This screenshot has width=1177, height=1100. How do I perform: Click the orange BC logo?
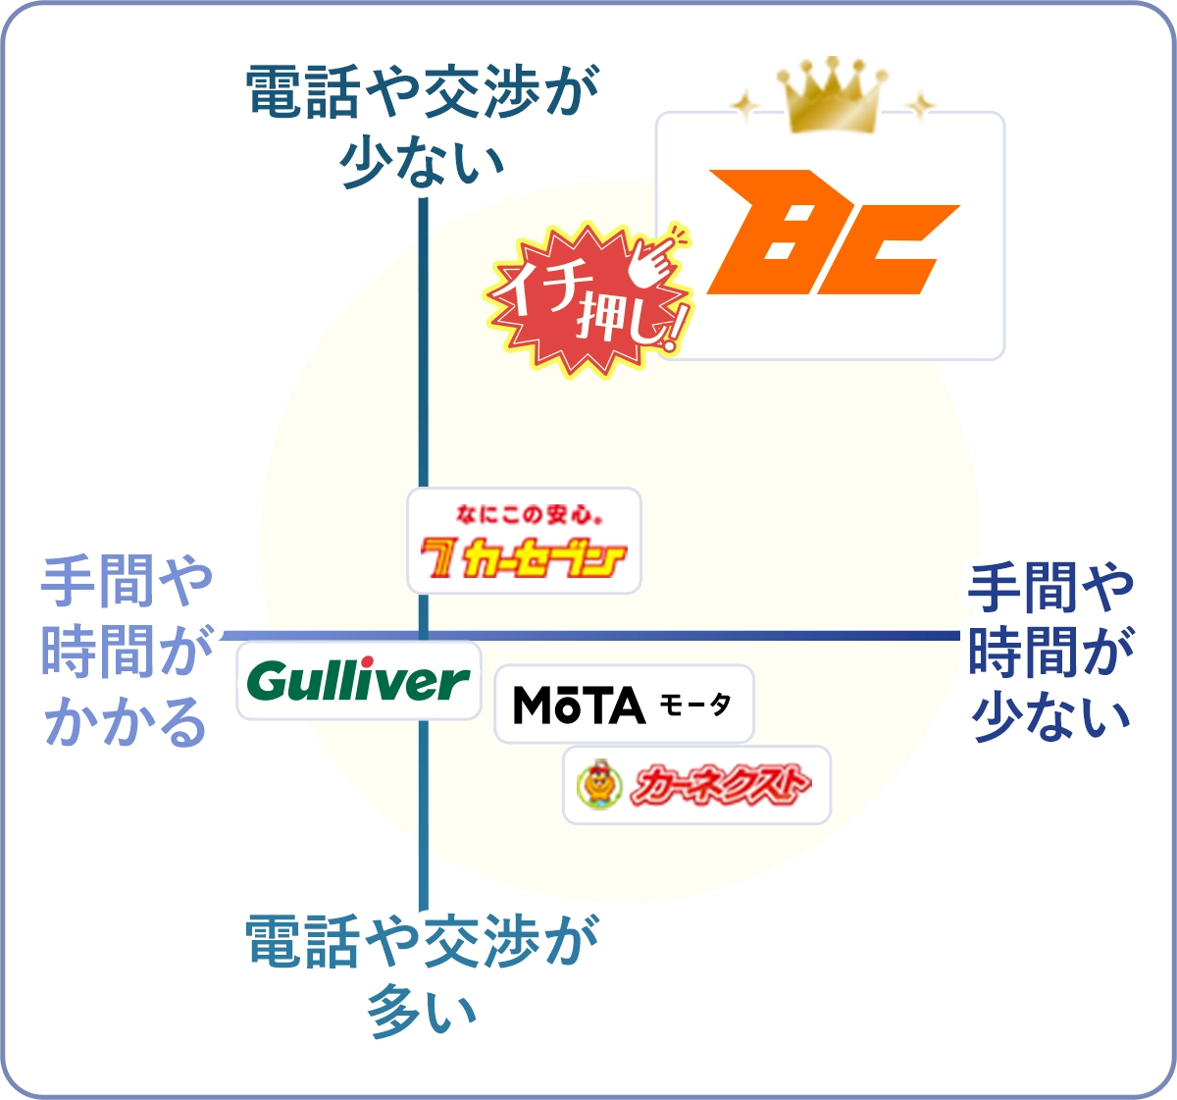(832, 234)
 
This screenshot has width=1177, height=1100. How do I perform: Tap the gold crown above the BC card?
(832, 95)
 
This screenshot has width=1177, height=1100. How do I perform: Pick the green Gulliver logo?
(358, 680)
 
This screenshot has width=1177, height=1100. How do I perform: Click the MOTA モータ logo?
(623, 705)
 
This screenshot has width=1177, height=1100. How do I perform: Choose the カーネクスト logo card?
(696, 785)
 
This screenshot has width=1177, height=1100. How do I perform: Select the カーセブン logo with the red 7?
(524, 556)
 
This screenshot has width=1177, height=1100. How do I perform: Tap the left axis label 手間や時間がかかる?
(126, 652)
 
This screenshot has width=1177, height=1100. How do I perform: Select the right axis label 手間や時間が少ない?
(1050, 652)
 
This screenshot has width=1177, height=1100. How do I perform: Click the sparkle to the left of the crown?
(745, 105)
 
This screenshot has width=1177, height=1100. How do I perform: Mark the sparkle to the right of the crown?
(919, 104)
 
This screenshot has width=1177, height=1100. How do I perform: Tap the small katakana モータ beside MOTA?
(695, 705)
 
